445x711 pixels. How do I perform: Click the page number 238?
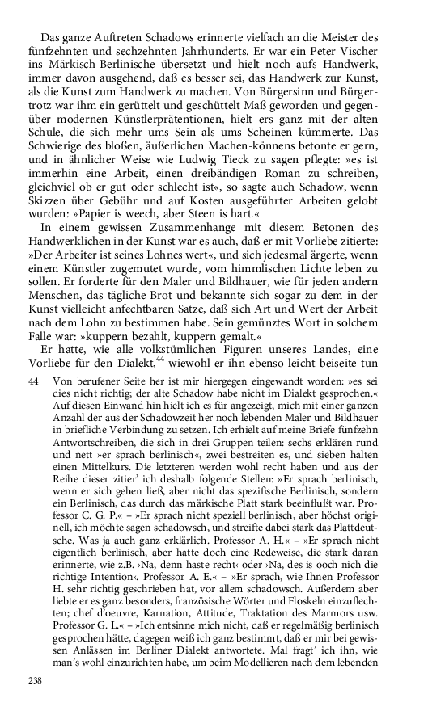tap(34, 682)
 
